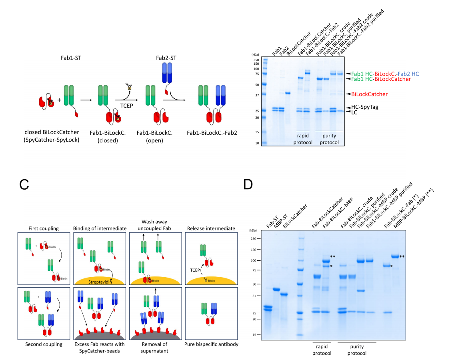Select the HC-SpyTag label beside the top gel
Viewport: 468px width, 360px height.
365,107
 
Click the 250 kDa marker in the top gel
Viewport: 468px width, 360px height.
256,60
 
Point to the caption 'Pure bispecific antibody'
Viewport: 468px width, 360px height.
210,344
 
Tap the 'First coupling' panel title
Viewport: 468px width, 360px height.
44,228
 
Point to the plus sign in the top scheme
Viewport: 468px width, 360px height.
60,100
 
